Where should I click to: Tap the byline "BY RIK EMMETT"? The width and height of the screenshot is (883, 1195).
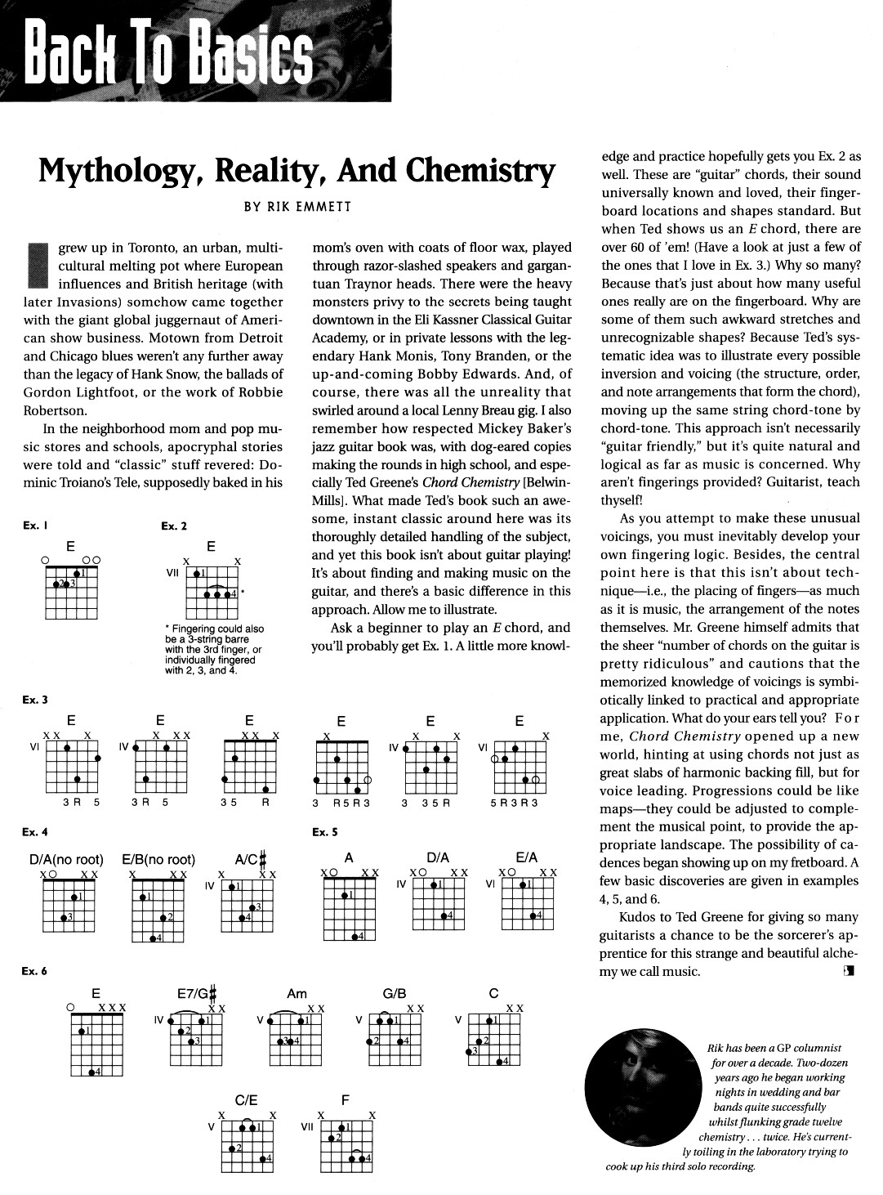tap(297, 207)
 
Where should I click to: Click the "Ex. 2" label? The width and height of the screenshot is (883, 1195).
tap(174, 526)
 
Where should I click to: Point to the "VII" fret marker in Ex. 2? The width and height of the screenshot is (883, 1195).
tap(172, 573)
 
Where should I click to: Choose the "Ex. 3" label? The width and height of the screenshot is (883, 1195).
tap(36, 700)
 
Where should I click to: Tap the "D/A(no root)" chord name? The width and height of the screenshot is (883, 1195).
tap(66, 859)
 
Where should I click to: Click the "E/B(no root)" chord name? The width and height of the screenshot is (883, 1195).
tap(158, 859)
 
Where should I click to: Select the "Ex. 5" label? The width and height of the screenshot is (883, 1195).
tap(325, 832)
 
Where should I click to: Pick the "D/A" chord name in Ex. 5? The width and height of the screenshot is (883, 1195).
tap(438, 857)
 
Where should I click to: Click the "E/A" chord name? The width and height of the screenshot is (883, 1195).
tap(527, 857)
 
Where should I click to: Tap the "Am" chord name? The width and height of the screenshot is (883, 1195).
tap(297, 994)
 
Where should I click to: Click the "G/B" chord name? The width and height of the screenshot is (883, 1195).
tap(395, 994)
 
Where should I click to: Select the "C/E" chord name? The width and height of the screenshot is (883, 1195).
tap(247, 1100)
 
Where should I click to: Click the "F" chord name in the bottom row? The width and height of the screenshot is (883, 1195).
tap(345, 1100)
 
